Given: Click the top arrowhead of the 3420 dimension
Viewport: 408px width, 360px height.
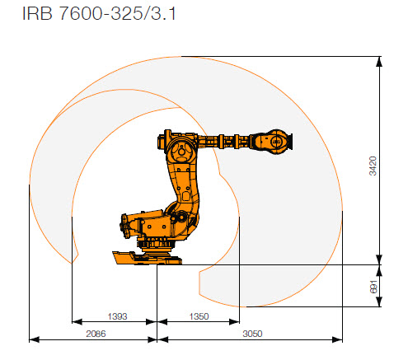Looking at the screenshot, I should coord(379,60).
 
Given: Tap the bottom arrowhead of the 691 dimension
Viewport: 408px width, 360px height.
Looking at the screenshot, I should coord(379,304).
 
